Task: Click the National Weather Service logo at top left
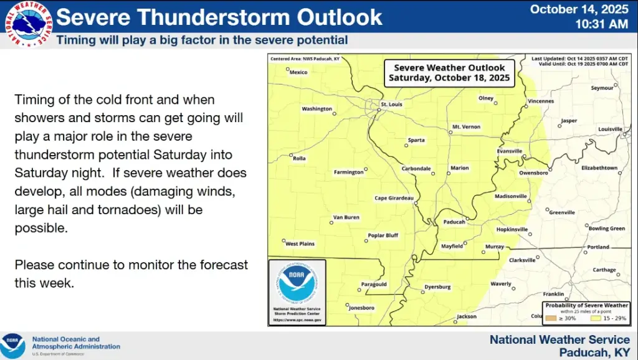(x=28, y=24)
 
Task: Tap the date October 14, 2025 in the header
(x=579, y=9)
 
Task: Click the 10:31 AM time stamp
(x=601, y=24)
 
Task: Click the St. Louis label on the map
(x=392, y=104)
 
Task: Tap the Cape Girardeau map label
(x=394, y=198)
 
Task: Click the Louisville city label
(x=610, y=129)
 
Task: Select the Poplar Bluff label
(x=383, y=235)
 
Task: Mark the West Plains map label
(x=300, y=244)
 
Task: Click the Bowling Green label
(x=606, y=229)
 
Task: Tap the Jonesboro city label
(x=361, y=308)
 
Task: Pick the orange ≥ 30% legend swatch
(x=550, y=318)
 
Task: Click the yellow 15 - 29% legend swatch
(x=596, y=318)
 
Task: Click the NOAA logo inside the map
(x=296, y=283)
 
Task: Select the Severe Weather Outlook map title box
(x=449, y=73)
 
